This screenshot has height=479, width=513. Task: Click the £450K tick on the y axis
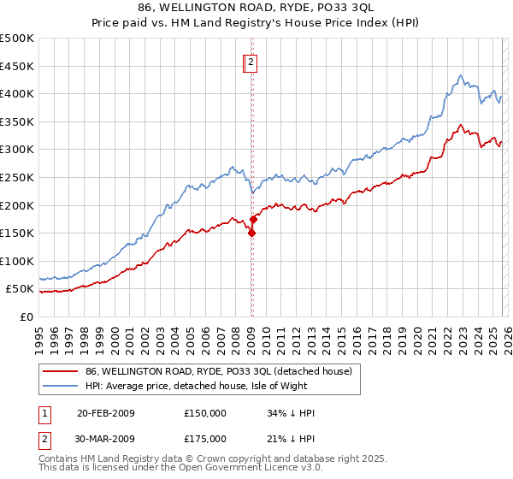tap(17, 66)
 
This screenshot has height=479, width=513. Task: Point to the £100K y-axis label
tap(17, 261)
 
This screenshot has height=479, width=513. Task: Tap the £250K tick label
tap(17, 177)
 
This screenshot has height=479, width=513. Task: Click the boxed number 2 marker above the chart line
tap(251, 62)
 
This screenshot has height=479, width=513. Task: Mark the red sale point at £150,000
tap(252, 233)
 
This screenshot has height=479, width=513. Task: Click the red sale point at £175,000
tap(254, 219)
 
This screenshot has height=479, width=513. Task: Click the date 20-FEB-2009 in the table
tap(106, 413)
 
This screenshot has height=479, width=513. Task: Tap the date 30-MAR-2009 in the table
tap(106, 439)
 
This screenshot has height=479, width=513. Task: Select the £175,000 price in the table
tap(205, 439)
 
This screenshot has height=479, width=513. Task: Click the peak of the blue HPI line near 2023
tap(460, 75)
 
